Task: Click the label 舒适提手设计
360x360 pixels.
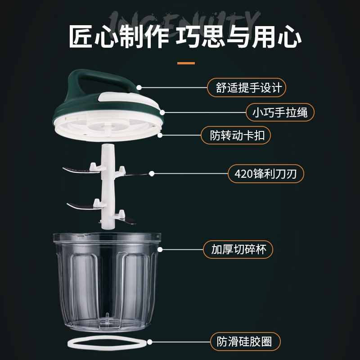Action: point(247,87)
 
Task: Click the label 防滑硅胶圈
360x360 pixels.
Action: point(241,341)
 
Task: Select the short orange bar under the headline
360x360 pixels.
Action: point(186,63)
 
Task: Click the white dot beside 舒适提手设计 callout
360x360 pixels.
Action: point(139,87)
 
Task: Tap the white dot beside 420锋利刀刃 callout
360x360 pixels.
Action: point(152,173)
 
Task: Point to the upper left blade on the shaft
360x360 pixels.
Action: point(76,170)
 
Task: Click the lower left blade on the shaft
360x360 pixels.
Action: point(81,206)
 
